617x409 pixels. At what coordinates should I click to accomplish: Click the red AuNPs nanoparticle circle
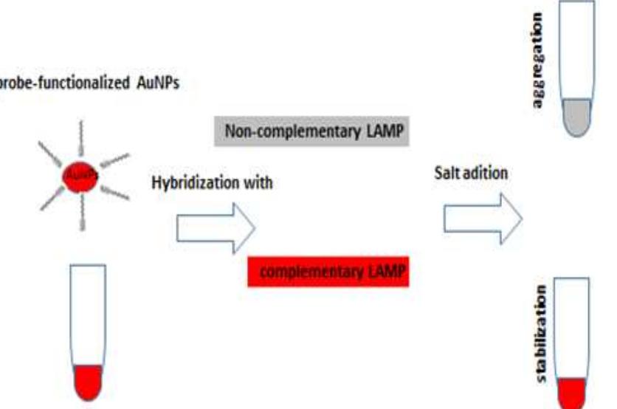tap(80, 176)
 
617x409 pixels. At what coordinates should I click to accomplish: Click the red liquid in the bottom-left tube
tap(88, 382)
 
